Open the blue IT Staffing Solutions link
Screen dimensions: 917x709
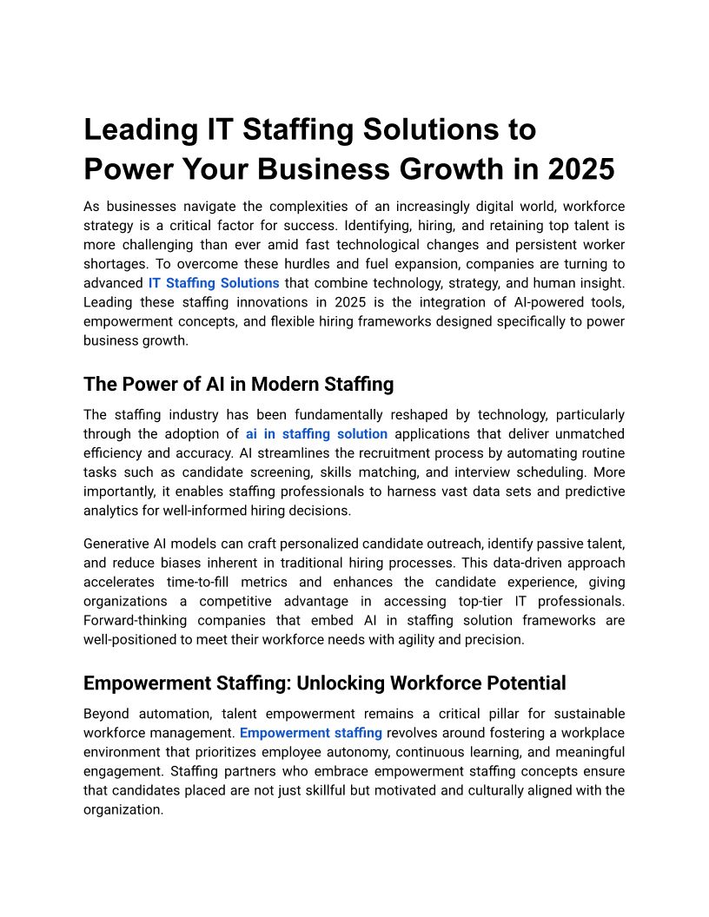click(214, 283)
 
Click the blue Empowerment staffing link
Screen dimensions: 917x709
click(311, 733)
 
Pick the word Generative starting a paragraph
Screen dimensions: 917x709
click(116, 544)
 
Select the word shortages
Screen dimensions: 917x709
click(115, 264)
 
